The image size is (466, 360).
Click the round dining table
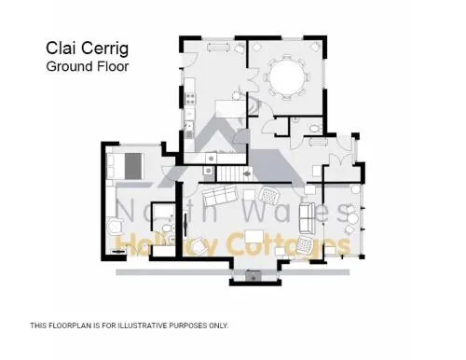tap(287, 76)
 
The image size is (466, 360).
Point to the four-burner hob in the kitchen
tap(190, 99)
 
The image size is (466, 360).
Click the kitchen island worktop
tap(231, 108)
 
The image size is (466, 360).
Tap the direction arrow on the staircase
tap(247, 173)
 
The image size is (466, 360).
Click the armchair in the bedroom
tap(115, 227)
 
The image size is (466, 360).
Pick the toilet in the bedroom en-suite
tap(167, 228)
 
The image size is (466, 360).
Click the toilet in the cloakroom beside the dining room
tap(315, 128)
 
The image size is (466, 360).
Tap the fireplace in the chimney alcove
tap(254, 275)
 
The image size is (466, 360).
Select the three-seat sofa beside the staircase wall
tap(219, 194)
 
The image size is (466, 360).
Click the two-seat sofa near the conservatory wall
tap(306, 217)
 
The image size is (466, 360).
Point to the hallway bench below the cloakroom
tap(319, 142)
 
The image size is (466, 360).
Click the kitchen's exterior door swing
tap(189, 60)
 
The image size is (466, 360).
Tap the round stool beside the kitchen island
tap(237, 96)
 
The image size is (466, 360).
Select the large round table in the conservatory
tap(352, 219)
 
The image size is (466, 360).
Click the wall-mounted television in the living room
tap(185, 222)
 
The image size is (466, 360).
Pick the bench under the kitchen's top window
tap(219, 48)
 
